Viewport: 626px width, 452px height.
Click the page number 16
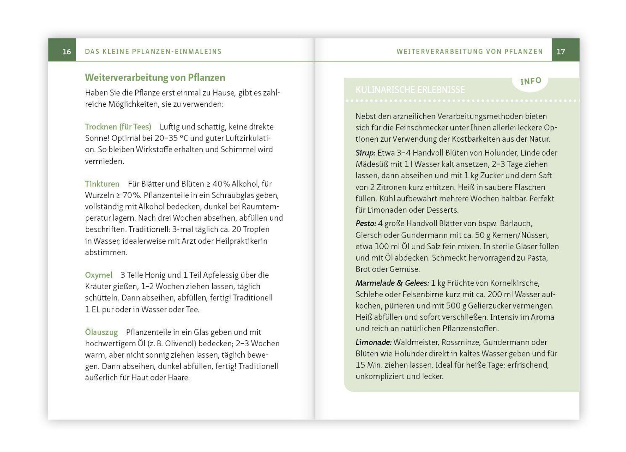[67, 52]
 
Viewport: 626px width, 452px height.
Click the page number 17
[561, 52]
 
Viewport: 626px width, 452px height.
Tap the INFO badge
[531, 81]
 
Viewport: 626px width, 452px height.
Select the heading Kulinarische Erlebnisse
[410, 90]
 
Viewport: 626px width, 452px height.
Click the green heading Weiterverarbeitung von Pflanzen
[155, 77]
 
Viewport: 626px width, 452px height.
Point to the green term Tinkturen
[102, 184]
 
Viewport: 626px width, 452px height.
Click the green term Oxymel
[99, 275]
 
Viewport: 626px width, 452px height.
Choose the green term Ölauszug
[101, 332]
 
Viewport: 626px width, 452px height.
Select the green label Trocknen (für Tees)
[118, 127]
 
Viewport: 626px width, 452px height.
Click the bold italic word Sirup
[365, 153]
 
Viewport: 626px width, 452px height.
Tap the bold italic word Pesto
[366, 223]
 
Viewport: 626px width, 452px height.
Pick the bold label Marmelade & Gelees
[392, 283]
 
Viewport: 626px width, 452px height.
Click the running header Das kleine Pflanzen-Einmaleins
[153, 52]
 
